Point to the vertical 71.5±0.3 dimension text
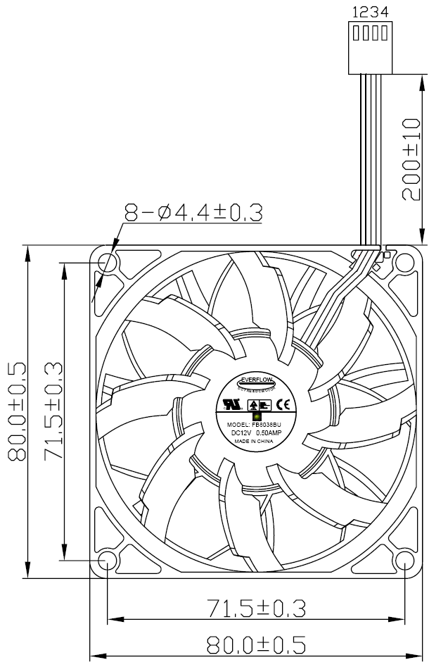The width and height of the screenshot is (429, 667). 53,412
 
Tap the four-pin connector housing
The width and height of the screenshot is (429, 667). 367,48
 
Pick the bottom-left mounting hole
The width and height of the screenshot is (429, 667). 107,561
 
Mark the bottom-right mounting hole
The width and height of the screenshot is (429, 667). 405,561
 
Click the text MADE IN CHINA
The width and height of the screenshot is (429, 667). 253,442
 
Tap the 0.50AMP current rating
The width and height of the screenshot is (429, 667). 269,433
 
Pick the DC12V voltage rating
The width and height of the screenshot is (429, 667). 242,433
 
